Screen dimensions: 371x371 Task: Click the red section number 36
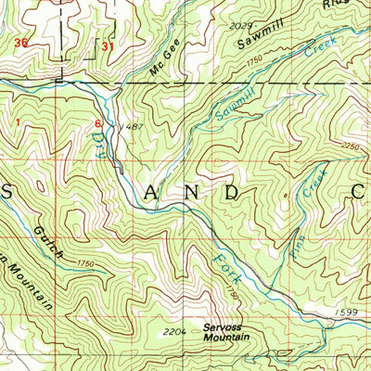[21, 43]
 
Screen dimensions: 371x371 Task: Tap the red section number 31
[109, 45]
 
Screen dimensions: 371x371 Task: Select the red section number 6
[97, 122]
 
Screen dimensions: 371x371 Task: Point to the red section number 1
[17, 119]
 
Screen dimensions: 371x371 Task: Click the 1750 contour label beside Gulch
[87, 264]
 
